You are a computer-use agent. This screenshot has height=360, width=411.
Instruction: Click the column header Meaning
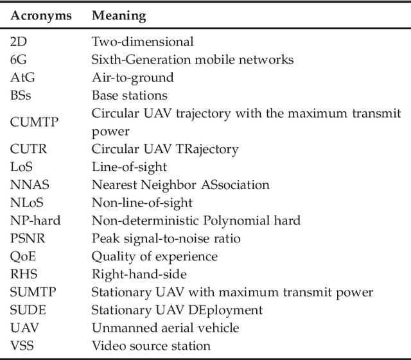(119, 15)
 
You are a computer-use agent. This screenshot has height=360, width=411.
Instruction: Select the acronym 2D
(18, 42)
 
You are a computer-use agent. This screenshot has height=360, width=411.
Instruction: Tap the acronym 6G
(18, 60)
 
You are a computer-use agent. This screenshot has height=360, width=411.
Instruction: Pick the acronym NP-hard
(35, 221)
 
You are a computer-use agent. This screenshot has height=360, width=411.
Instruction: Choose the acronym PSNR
(26, 239)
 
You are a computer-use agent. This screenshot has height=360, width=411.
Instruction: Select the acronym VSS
(22, 346)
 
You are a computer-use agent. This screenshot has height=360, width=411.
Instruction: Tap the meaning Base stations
(129, 96)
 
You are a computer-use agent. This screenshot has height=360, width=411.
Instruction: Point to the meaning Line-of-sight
(129, 167)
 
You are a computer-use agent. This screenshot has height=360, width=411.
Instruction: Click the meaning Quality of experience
(154, 256)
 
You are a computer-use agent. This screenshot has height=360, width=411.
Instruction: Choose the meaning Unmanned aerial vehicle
(165, 328)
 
